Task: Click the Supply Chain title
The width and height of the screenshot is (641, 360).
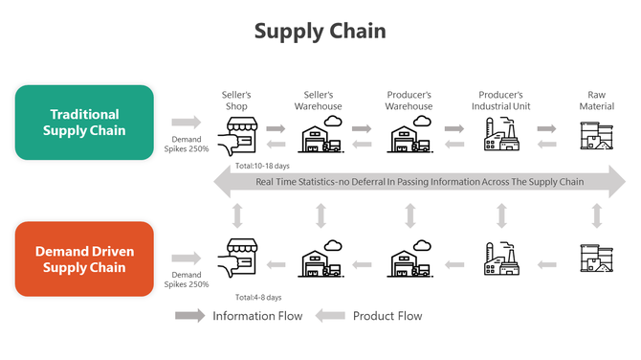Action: point(320,31)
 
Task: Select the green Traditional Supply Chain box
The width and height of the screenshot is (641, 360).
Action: point(84,122)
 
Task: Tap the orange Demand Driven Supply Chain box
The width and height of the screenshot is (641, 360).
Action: point(84,259)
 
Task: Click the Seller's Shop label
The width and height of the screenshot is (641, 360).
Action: point(235,101)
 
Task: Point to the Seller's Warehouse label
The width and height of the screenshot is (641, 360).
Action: point(320,101)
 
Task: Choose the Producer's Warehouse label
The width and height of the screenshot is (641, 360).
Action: point(409,101)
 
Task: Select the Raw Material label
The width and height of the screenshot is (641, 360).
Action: point(596,101)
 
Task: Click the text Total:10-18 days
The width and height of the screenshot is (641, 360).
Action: point(262,166)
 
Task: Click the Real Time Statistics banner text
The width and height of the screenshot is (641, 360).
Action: point(420,182)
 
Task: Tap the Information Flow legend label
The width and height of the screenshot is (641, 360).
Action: point(257,316)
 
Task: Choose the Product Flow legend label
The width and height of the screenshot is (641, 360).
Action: point(387,316)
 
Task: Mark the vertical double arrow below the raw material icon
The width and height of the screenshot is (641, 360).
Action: point(596,216)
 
